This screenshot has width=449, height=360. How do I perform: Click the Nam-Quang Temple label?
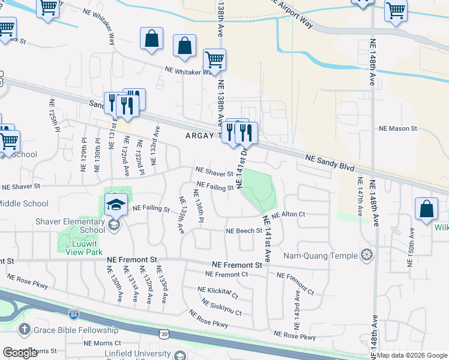pos(320,256)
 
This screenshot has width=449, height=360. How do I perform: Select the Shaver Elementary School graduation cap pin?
pos(116,205)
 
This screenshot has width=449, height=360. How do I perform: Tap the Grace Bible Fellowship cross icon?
pos(24,329)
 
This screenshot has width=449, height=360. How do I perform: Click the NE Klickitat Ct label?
pos(218,293)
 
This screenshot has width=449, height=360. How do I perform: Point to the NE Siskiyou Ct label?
pos(221,308)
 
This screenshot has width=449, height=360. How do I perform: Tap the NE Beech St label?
pos(244,231)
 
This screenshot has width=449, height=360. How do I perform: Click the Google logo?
pos(20,353)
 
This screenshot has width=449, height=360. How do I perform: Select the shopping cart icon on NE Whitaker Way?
pos(214,59)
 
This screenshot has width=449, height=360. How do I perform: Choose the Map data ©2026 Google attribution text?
pos(412,355)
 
